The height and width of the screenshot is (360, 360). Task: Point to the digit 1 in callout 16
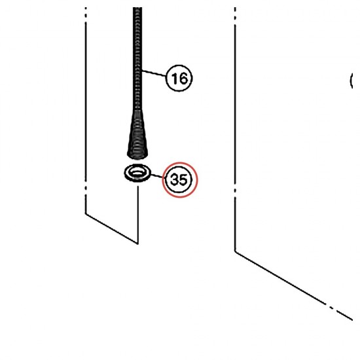[x=175, y=79]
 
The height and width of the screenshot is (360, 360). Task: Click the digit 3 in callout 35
[x=175, y=179]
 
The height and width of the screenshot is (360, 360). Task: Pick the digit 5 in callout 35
[x=184, y=180]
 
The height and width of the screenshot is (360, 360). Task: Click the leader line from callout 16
[x=154, y=73]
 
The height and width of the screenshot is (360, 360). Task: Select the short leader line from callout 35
[x=158, y=176]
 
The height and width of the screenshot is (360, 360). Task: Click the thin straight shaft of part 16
[x=137, y=58]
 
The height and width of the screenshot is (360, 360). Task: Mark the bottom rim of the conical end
[x=137, y=156]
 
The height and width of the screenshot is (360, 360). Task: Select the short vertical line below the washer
[x=137, y=215]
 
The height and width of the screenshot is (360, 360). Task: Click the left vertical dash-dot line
[x=86, y=110]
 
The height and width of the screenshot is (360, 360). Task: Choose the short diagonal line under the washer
[x=111, y=228]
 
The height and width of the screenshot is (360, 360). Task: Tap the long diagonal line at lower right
[x=294, y=285]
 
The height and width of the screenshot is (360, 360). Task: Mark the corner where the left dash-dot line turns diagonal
[x=86, y=214]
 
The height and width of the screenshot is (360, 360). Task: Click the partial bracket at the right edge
[x=351, y=81]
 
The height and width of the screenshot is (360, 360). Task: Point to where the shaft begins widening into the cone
[x=137, y=110]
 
